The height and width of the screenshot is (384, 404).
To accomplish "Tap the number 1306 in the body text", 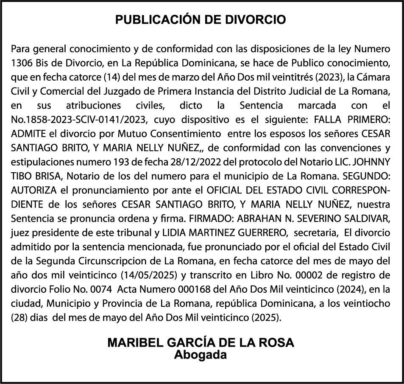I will coord(21,64).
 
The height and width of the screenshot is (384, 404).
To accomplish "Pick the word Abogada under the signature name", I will coord(201,355).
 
